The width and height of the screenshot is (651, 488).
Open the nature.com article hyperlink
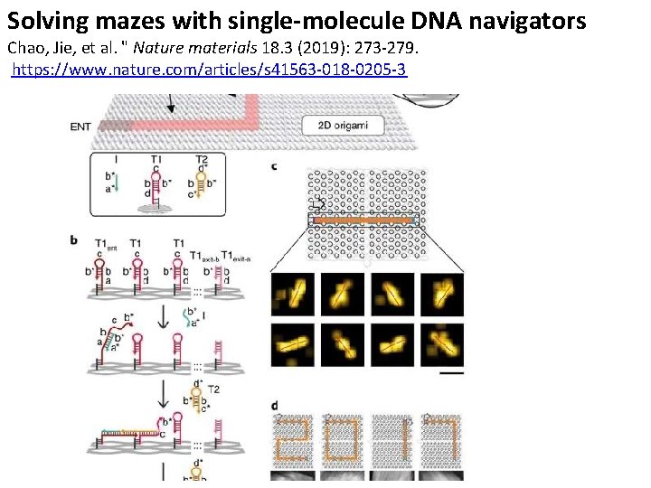209,69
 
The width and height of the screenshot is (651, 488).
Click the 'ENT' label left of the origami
80,127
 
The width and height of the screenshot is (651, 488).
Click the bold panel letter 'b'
73,239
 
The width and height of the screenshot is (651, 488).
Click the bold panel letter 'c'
274,166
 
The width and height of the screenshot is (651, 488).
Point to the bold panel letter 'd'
274,405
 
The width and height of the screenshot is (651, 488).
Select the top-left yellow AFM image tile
293,295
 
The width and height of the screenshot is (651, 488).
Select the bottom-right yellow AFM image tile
442,344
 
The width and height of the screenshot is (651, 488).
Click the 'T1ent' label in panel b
105,244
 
